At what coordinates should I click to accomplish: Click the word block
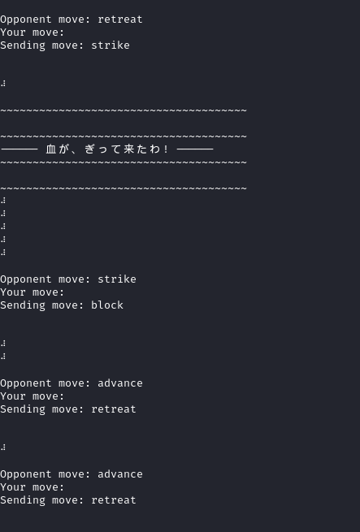coord(107,305)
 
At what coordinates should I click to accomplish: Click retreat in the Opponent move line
coord(120,19)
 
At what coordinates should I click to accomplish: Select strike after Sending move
coord(111,45)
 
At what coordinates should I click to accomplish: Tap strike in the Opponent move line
coord(117,279)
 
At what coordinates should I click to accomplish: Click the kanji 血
coord(50,149)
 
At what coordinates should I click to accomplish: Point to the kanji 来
coord(128,149)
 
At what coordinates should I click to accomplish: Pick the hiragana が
coord(63,149)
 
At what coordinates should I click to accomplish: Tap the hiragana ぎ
coord(89,149)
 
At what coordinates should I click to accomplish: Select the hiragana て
coord(116,149)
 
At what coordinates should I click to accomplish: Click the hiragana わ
coord(155,149)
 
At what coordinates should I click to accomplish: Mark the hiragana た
coord(142,149)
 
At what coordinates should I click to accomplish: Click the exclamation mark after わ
coord(166,149)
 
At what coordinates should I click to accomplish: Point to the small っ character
coord(103,149)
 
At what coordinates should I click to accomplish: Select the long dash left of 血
coord(19,149)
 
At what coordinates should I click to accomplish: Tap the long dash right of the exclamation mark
coord(195,149)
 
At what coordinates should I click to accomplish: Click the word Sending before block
coord(23,305)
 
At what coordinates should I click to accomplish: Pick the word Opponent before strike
coord(26,279)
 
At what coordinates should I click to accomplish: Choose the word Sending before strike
coord(23,45)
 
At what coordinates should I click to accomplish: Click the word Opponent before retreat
coord(26,19)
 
